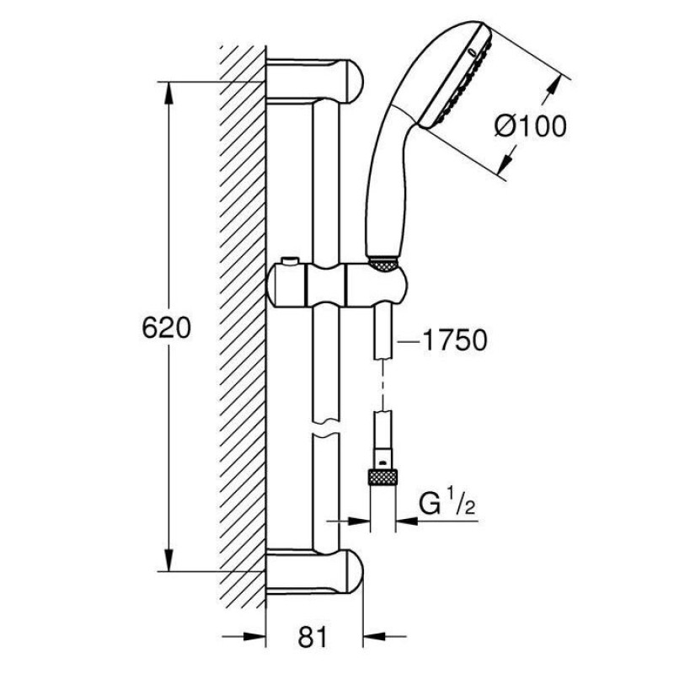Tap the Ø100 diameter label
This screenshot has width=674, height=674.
[x=528, y=127]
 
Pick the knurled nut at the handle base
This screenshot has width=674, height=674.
[x=384, y=264]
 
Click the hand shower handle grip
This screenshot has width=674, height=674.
[x=390, y=185]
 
